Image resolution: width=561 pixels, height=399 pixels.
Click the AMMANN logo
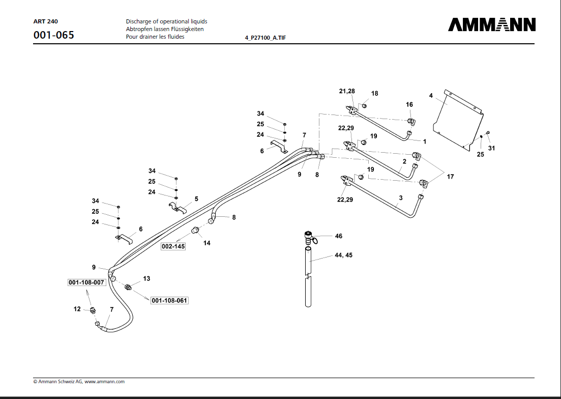(491, 25)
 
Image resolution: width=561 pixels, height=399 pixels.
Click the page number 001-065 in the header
(53, 35)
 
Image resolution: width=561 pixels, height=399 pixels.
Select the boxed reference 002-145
(173, 246)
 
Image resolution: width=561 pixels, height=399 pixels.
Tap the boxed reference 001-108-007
(86, 282)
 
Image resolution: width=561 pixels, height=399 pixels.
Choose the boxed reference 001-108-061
(169, 301)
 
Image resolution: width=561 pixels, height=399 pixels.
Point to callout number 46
(339, 236)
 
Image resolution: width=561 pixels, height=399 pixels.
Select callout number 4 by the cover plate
(431, 96)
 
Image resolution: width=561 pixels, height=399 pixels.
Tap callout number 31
(491, 148)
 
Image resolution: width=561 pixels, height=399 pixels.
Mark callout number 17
(450, 177)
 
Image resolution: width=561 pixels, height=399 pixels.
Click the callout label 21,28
(347, 91)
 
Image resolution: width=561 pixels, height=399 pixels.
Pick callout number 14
(207, 243)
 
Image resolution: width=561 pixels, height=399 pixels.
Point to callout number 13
(146, 279)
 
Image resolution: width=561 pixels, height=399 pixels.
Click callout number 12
(77, 309)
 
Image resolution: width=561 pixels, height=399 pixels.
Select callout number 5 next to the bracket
(196, 199)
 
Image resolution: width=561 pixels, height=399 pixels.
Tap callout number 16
(409, 104)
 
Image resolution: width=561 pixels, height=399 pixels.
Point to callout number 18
(375, 94)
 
